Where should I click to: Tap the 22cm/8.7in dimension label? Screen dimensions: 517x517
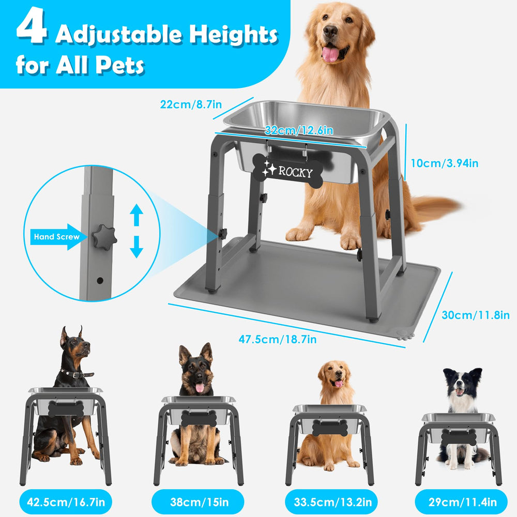click(191, 104)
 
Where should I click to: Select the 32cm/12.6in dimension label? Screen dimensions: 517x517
click(299, 130)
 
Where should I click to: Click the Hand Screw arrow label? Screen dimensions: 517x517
click(55, 237)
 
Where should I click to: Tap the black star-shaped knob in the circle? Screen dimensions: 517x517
click(104, 238)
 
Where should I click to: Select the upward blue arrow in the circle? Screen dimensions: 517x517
click(136, 215)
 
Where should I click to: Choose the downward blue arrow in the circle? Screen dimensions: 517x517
click(136, 247)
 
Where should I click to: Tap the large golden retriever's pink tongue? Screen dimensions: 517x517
click(330, 53)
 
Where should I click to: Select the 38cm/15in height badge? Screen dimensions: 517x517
click(198, 501)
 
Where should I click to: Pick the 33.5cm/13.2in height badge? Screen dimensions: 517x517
click(329, 501)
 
